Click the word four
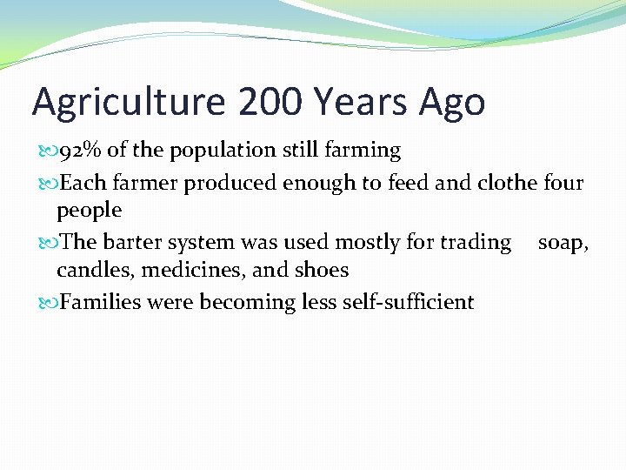tap(563, 183)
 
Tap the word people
tap(89, 211)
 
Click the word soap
tap(562, 242)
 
